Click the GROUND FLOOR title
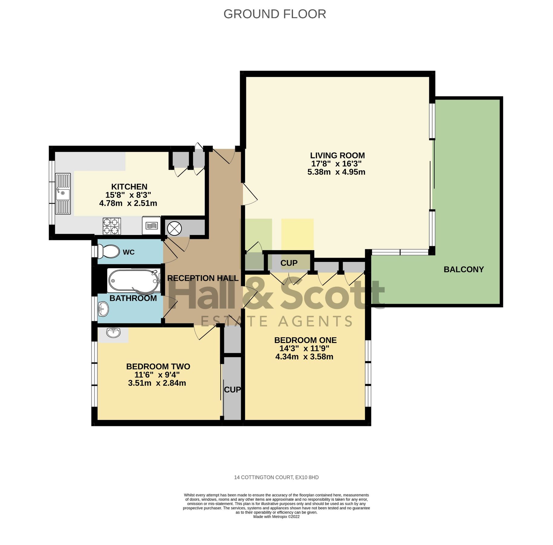(275, 14)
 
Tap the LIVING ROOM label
(337, 155)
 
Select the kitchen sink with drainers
(63, 193)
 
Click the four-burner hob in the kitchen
(112, 226)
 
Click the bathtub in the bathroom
(133, 281)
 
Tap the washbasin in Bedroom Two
(114, 332)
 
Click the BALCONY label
(463, 269)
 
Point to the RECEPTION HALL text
(202, 278)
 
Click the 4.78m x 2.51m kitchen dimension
(128, 203)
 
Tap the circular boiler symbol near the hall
(174, 228)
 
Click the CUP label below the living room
(289, 263)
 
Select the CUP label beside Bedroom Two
(232, 389)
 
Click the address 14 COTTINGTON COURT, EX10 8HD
(276, 477)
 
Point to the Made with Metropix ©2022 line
(276, 517)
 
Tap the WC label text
(128, 252)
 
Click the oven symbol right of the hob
(151, 225)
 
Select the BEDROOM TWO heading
(158, 366)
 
